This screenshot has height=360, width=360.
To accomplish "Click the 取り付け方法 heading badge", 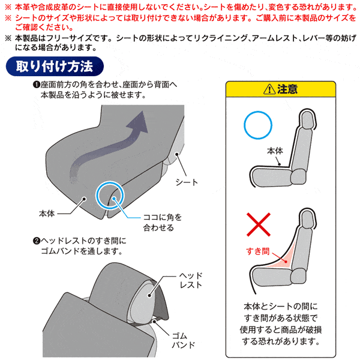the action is click(x=55, y=66).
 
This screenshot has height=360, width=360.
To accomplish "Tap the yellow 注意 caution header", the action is click(x=281, y=89).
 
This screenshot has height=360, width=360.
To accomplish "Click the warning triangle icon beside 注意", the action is click(x=269, y=89).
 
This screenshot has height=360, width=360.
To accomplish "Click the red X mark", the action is click(x=259, y=224).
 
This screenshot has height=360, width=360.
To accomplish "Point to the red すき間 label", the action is click(x=258, y=251).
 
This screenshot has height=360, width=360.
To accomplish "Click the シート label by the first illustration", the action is click(x=187, y=182).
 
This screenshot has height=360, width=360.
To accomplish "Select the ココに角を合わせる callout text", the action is click(x=163, y=222).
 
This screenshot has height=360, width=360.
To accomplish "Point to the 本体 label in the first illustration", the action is click(x=47, y=214).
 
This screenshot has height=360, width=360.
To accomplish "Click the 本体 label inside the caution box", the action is click(x=275, y=151).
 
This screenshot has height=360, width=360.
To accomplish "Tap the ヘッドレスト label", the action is click(x=191, y=280).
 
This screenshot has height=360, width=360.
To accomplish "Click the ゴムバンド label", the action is click(x=183, y=340).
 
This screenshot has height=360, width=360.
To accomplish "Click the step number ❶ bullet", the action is click(x=37, y=85).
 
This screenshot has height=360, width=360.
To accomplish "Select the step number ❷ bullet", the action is click(x=37, y=241).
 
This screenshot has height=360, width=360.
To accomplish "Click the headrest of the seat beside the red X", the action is click(x=307, y=219).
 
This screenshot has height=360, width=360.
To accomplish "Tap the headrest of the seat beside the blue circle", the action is click(x=307, y=120).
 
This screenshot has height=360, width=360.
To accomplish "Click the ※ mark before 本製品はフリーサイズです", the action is click(x=8, y=38).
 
